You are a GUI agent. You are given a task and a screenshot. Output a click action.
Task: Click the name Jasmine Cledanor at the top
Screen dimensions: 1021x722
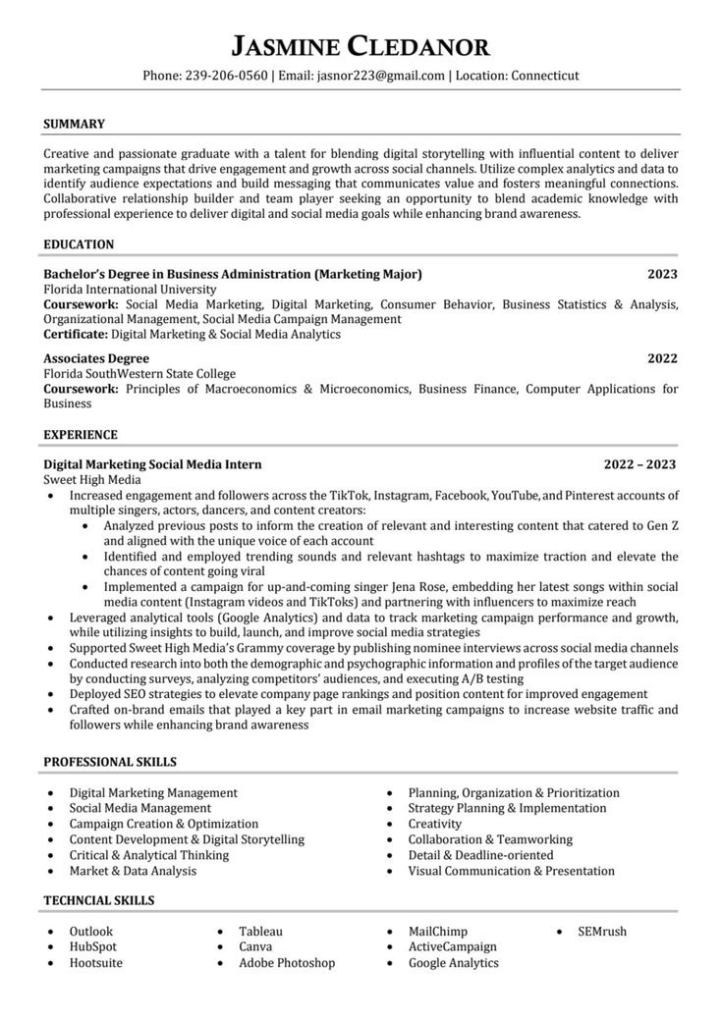[x=361, y=45]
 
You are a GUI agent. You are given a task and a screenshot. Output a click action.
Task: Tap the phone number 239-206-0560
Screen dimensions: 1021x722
[x=226, y=76]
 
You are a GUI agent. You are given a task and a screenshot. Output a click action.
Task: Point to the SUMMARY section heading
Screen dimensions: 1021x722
[x=75, y=125]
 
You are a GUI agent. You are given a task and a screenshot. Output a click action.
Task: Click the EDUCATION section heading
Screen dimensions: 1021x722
[x=80, y=244]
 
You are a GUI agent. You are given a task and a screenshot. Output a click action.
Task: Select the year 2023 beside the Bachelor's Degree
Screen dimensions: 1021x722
[x=662, y=274]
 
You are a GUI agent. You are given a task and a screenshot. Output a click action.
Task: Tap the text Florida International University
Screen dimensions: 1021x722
[x=131, y=290]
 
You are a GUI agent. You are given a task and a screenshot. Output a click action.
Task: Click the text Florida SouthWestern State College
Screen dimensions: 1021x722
[x=139, y=374]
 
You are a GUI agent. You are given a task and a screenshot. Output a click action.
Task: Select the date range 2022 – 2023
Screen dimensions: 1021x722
[x=639, y=464]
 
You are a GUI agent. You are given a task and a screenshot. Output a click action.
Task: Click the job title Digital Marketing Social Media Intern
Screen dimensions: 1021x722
[x=153, y=464]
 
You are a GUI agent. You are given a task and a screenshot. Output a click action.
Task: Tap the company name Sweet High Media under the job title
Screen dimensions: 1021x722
[x=92, y=480]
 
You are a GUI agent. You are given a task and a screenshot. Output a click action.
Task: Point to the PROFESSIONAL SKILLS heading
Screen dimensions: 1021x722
[x=111, y=762]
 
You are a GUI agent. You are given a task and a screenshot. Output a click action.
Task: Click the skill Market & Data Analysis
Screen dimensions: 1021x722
[x=133, y=871]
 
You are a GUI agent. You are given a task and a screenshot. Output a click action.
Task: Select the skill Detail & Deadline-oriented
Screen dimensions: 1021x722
[x=481, y=855]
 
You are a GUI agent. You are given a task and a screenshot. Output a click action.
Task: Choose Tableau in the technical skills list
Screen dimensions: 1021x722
[x=260, y=932]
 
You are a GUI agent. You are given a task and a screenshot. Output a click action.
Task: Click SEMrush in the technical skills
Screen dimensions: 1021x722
[x=602, y=932]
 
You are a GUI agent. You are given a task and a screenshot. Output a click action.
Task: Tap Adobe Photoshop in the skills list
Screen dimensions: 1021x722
[x=287, y=963]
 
